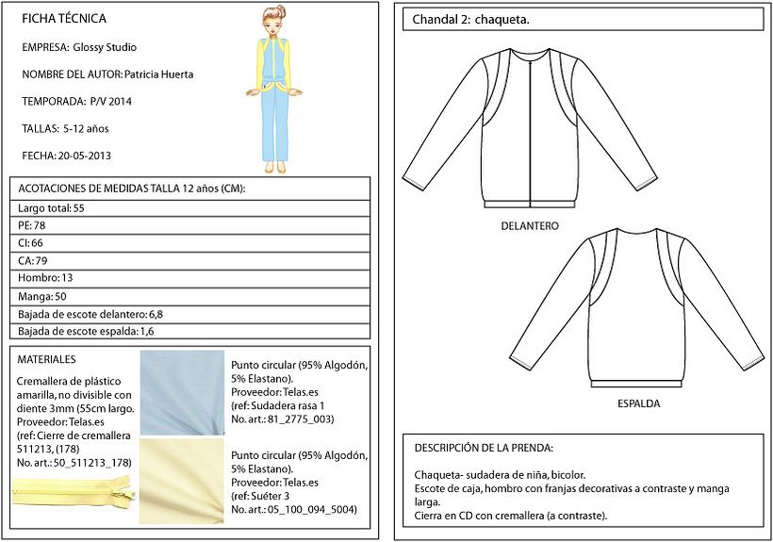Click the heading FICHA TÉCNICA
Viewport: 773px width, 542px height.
pos(63,19)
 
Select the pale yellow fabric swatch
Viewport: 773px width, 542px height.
pos(182,481)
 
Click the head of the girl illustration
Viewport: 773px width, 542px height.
pos(273,20)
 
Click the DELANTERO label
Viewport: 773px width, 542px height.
pos(531,227)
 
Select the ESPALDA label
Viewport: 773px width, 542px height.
pos(638,404)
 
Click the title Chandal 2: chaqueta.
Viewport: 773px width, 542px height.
pos(474,20)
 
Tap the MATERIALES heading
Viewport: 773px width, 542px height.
pos(47,359)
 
